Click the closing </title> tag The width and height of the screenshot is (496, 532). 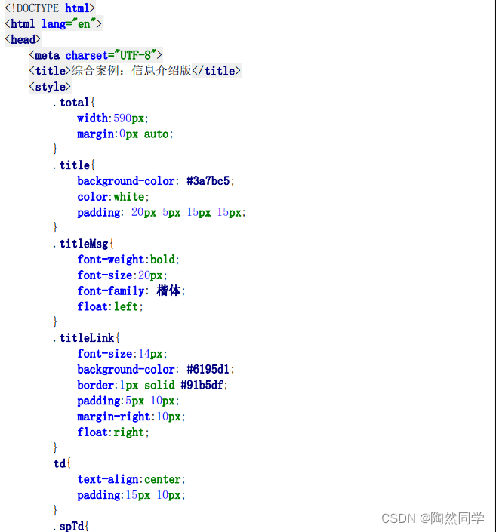click(217, 71)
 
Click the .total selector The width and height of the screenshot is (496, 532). click(72, 103)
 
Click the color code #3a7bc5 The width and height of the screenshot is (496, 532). click(211, 181)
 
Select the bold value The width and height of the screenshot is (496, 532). click(163, 260)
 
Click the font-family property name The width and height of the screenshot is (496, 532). click(111, 291)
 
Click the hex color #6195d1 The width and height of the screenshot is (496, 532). click(211, 370)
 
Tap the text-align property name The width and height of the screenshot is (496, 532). click(108, 479)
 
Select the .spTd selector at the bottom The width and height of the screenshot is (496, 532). click(72, 526)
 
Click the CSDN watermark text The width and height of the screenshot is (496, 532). click(399, 518)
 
